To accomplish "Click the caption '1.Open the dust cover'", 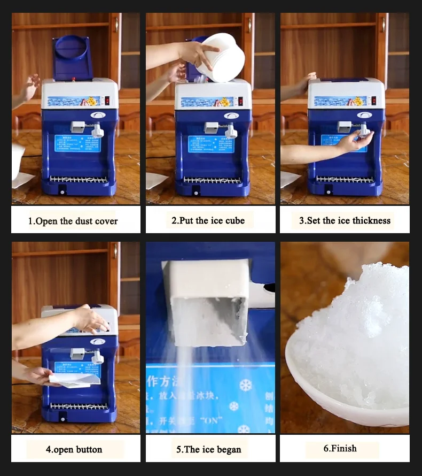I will (x=73, y=221).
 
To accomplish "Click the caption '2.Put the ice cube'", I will (x=208, y=220).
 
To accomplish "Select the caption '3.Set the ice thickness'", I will (x=345, y=220).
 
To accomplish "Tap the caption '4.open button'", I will (x=74, y=449).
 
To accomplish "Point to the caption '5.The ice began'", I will (x=209, y=449).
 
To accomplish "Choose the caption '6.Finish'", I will (x=340, y=448).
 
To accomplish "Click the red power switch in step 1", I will (x=107, y=101).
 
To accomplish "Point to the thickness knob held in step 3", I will (x=364, y=130).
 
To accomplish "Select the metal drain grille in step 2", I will (x=211, y=180).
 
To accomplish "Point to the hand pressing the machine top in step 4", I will (x=88, y=320).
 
